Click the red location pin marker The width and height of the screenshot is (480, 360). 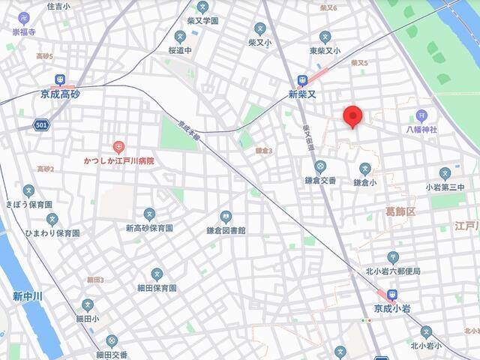coord(353,117)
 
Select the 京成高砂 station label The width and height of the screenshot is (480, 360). coord(59,95)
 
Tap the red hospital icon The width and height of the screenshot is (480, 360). coord(118,147)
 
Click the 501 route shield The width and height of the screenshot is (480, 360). coord(40,125)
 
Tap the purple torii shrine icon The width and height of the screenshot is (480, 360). coord(421,115)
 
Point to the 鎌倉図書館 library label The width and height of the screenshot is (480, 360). coord(226,230)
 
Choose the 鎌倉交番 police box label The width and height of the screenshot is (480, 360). coord(320,181)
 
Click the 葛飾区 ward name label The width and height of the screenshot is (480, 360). coord(400,213)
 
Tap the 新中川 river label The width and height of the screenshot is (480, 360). coord(28,296)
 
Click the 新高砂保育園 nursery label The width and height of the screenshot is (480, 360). coord(149,228)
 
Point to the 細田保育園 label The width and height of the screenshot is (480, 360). coord(157,288)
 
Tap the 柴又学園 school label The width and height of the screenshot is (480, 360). coord(202,21)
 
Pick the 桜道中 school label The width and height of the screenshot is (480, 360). coord(181,50)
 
